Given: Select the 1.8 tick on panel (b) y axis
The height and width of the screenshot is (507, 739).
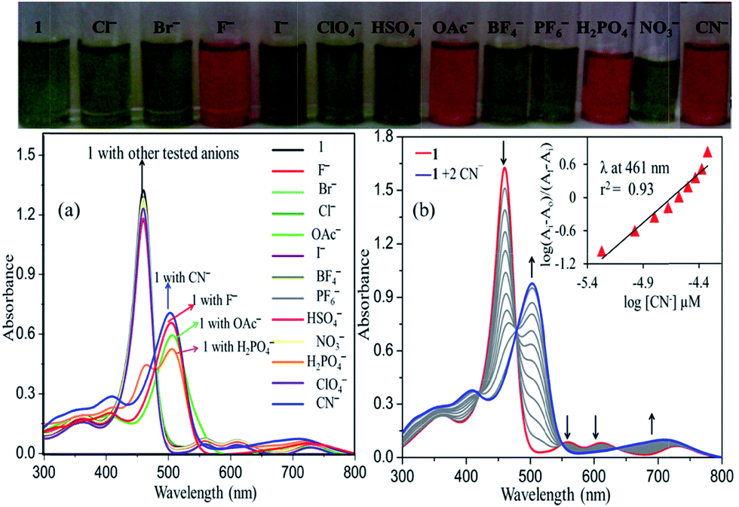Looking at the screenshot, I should [387, 138].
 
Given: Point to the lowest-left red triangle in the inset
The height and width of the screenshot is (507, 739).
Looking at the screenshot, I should [601, 252].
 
